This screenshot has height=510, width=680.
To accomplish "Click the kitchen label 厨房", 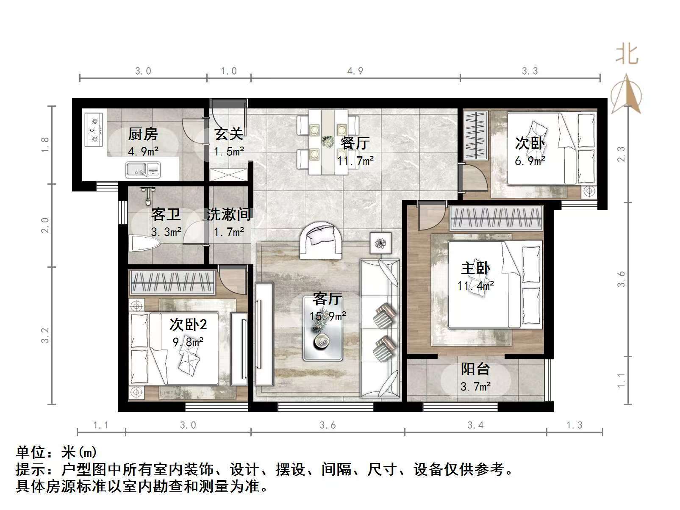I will (143, 134).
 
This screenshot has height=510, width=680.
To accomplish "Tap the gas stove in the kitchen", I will (94, 129).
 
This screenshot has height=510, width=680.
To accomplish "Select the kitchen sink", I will (142, 169).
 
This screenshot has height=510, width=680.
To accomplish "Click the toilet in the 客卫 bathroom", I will (144, 244).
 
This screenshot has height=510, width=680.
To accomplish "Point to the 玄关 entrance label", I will (229, 134).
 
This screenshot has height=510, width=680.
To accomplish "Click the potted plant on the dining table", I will (327, 141).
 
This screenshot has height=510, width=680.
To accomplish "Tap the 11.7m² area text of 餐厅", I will (355, 161).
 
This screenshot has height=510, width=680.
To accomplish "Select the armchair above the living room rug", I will (321, 240).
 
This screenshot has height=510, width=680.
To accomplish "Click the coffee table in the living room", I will (323, 328).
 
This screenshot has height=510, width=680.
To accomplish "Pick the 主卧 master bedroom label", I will (475, 269).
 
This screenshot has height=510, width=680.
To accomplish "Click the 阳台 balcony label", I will (475, 369).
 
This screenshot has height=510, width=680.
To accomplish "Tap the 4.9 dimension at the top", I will (355, 71).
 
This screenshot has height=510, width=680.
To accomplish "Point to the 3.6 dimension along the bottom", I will (328, 425).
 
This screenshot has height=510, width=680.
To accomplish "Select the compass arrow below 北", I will (626, 94).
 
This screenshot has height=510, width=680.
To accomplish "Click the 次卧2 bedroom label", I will (188, 324).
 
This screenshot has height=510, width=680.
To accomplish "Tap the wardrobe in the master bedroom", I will (496, 218).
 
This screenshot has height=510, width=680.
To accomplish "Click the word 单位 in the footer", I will (31, 453).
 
